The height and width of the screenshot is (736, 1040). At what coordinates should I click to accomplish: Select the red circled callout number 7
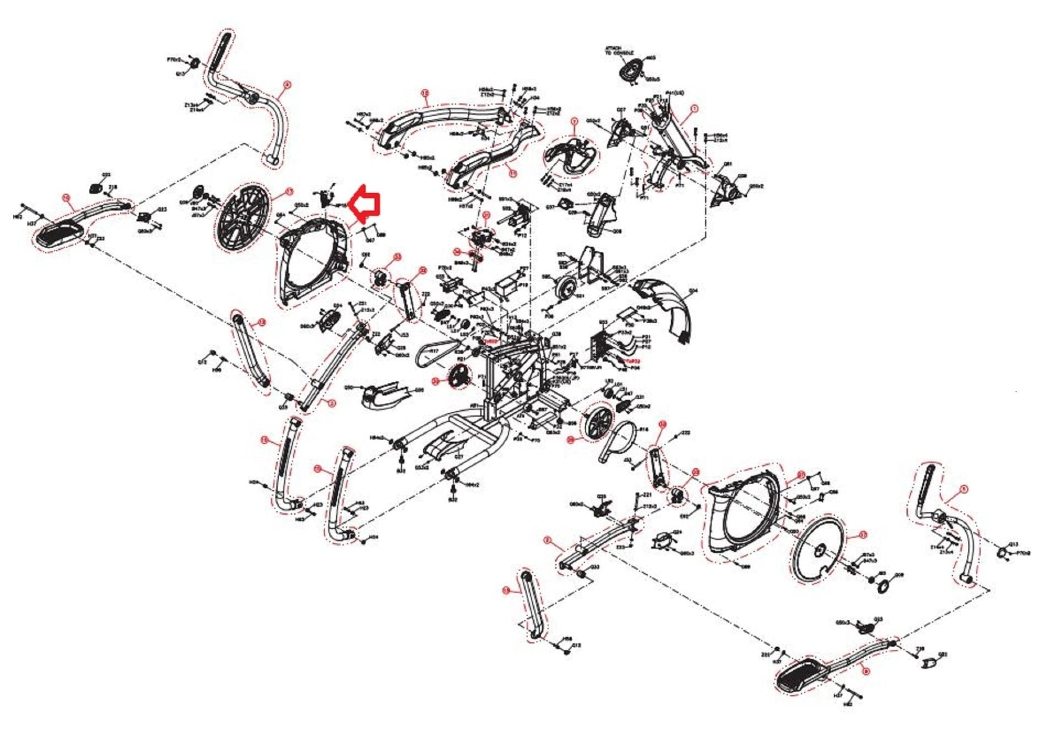coord(574,122)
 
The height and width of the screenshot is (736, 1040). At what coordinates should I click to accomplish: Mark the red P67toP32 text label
coord(629,361)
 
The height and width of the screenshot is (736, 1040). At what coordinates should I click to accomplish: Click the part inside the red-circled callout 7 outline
coord(569,155)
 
